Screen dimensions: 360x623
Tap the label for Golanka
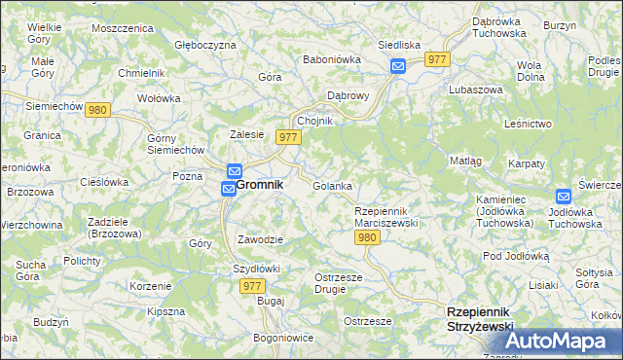click(x=332, y=185)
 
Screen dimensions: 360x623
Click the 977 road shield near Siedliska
click(x=438, y=59)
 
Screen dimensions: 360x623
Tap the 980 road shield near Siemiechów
click(x=96, y=111)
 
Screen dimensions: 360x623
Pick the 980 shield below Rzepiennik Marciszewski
click(x=367, y=237)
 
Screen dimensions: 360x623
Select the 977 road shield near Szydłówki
click(x=252, y=286)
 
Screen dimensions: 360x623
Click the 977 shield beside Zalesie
click(x=287, y=137)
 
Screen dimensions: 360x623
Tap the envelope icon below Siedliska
click(x=398, y=66)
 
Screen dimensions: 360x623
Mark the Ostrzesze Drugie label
click(x=339, y=283)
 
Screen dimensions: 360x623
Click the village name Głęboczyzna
click(x=205, y=45)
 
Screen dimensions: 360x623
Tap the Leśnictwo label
click(x=529, y=124)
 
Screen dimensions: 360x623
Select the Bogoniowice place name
click(x=283, y=338)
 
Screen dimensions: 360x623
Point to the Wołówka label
click(x=160, y=98)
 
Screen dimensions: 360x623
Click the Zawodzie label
click(x=260, y=239)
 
